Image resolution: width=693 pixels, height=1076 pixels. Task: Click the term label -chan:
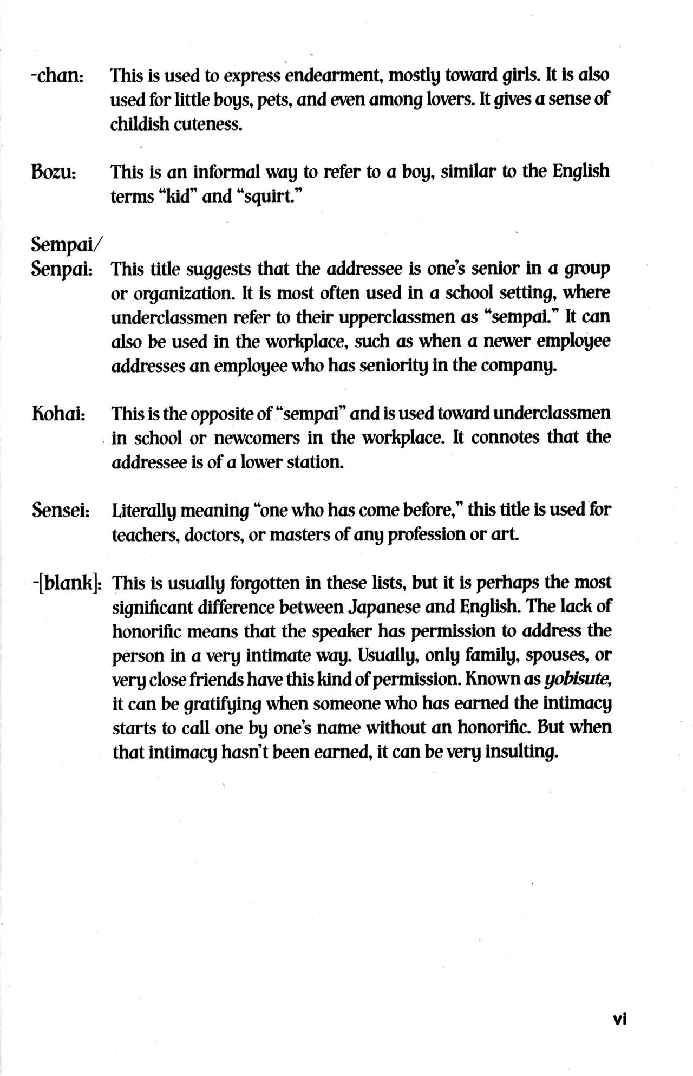(x=56, y=75)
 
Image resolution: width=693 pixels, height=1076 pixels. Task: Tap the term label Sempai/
(x=65, y=244)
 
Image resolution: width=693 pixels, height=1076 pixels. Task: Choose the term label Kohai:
(x=58, y=414)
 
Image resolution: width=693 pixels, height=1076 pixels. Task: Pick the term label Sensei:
(x=61, y=510)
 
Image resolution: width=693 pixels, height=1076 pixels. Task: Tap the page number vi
(x=619, y=1019)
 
